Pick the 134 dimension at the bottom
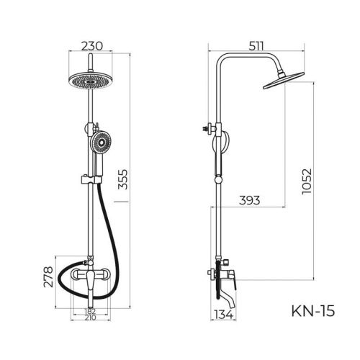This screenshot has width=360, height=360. [224, 315]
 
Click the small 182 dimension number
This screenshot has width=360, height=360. [91, 310]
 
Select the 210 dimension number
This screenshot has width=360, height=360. [91, 318]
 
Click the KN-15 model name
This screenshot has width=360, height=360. [312, 312]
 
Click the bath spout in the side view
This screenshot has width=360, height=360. [227, 290]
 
